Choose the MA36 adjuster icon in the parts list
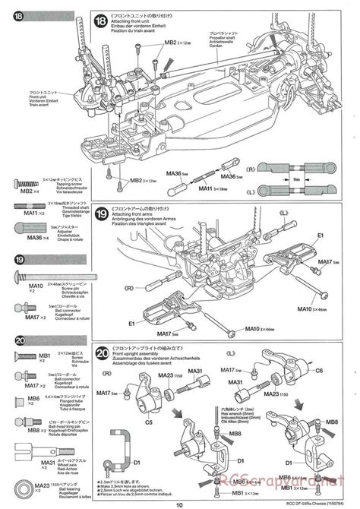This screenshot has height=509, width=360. (23, 231)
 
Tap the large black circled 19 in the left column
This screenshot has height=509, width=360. (20, 259)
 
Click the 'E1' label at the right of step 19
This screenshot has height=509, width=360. (321, 236)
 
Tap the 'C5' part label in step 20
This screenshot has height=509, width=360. (149, 422)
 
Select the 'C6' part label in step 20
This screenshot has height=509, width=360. (320, 370)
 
